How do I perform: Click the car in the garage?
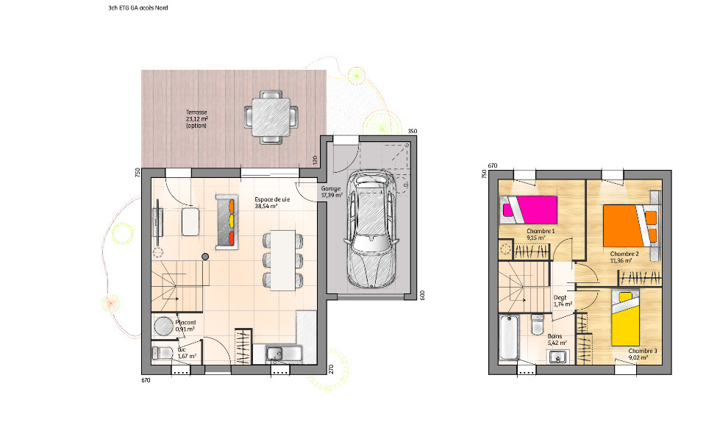[371, 229]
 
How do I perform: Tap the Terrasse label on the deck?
[197, 119]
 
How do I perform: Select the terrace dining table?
[271, 117]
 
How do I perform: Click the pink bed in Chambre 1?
[529, 210]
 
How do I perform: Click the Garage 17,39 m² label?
[331, 192]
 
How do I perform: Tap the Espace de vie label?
[272, 203]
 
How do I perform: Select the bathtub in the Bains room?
[509, 338]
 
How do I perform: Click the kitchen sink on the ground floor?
[274, 354]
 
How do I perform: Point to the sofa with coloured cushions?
[226, 221]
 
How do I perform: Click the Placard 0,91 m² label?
[185, 326]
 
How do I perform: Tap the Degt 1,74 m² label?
[562, 301]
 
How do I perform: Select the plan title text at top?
[138, 7]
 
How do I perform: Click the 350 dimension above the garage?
[413, 132]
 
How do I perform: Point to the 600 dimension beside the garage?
[422, 295]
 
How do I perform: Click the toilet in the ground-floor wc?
[162, 352]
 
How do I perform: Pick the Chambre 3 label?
[643, 351]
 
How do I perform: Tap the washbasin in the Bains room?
[558, 357]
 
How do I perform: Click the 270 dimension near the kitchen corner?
[331, 369]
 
